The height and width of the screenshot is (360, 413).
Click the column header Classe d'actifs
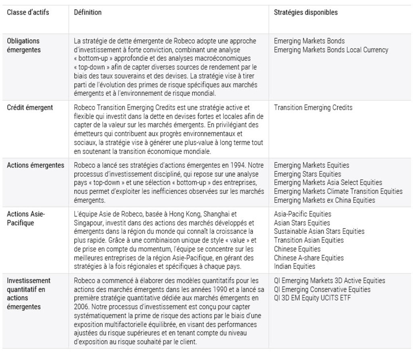[x=28, y=13]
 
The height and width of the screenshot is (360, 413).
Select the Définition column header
[x=88, y=13]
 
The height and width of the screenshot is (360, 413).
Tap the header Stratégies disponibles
[x=306, y=13]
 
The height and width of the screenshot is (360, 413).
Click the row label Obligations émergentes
[x=24, y=45]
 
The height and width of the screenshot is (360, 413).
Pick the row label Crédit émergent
[x=30, y=108]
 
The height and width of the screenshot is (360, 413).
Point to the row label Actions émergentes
[x=35, y=165]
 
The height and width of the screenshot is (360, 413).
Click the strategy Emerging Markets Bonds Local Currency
[x=331, y=50]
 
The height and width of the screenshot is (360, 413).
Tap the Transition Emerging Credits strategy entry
[x=313, y=108]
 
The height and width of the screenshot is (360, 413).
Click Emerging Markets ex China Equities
[x=324, y=200]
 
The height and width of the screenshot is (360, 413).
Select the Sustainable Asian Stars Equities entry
[x=319, y=231]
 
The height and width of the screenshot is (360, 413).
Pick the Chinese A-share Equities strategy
[x=309, y=258]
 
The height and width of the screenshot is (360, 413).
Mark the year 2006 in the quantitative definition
[x=81, y=307]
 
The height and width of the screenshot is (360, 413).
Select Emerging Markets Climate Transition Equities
[x=338, y=191]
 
